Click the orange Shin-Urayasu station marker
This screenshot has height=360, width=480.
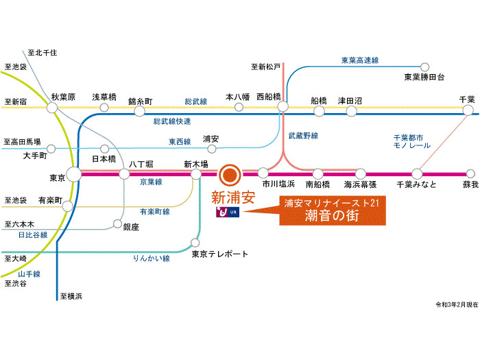(230, 175)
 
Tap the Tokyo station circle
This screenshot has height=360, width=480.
(74, 174)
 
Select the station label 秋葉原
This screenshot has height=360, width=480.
(63, 97)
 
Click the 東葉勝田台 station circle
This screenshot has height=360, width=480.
(424, 67)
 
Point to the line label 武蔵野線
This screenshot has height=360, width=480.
(303, 136)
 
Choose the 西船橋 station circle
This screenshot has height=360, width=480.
(283, 106)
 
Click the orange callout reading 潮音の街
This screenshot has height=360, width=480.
(333, 211)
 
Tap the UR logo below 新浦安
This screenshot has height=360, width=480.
(228, 212)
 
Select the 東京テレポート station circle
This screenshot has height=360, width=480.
(195, 243)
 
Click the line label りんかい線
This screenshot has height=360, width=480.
(152, 259)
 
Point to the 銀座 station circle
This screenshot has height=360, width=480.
(117, 224)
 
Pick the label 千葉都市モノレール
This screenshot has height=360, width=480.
(411, 141)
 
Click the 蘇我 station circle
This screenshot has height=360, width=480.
(470, 173)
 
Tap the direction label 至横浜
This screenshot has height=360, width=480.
(71, 296)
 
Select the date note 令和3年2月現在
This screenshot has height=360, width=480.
(457, 304)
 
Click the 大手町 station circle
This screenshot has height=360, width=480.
(51, 149)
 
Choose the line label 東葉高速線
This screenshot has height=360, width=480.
(360, 60)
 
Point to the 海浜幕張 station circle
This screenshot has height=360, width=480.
(361, 174)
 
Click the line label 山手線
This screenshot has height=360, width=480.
(29, 274)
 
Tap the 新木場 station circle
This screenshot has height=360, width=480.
(196, 174)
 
